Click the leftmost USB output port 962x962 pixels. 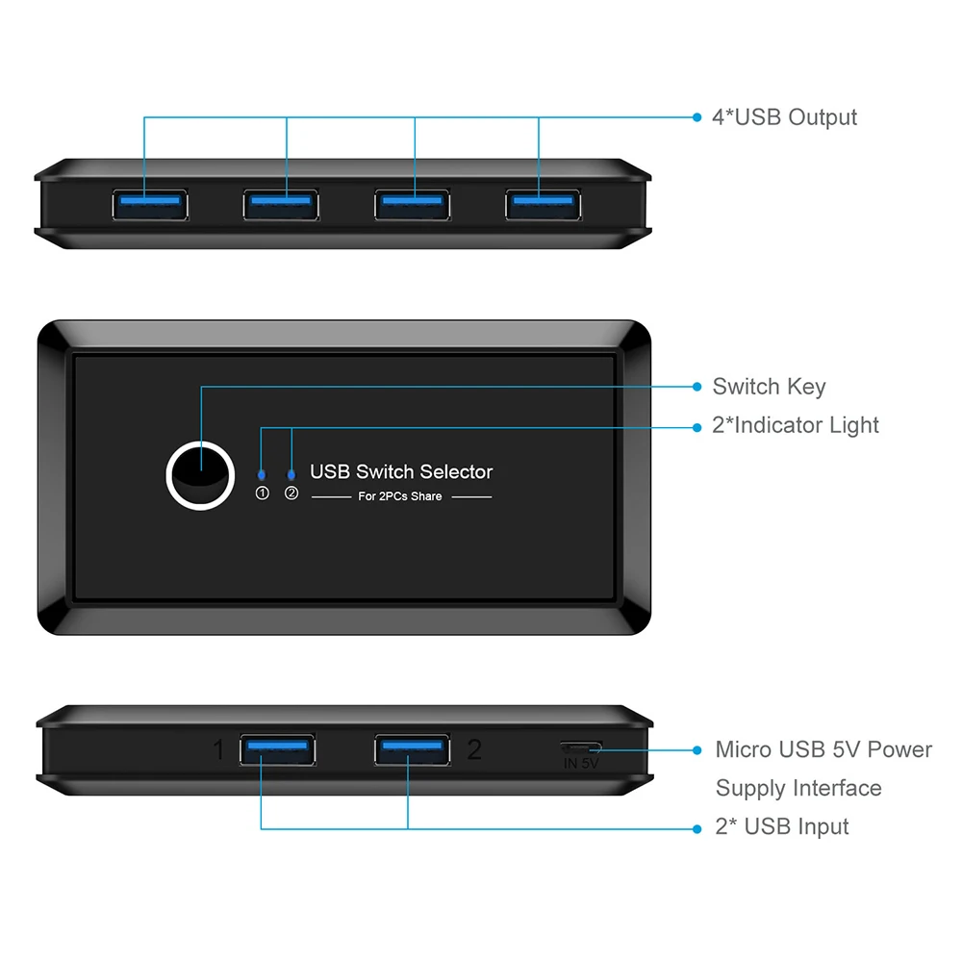[x=149, y=204]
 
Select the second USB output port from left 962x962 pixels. [x=281, y=204]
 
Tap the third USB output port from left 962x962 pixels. [x=412, y=204]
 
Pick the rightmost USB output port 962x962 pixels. [x=544, y=204]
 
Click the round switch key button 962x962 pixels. [x=200, y=473]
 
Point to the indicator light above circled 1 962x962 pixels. [x=262, y=474]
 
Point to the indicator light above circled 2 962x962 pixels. [x=291, y=474]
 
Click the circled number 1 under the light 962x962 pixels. [x=262, y=494]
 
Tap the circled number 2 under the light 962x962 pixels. [x=291, y=494]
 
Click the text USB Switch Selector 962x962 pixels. [x=400, y=471]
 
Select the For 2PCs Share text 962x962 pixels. [x=400, y=496]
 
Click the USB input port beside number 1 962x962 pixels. [x=278, y=750]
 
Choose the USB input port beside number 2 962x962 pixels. [x=412, y=750]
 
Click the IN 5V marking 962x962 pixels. [x=581, y=764]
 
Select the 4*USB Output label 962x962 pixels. [x=784, y=117]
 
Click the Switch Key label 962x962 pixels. [x=769, y=387]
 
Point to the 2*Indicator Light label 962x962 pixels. [x=796, y=425]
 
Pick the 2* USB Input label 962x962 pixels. [x=781, y=826]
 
